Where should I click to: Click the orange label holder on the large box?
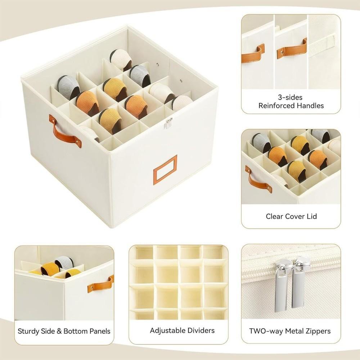tap(165, 170)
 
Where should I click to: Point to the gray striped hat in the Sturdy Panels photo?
tap(64, 262)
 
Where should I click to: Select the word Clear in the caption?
tap(274, 216)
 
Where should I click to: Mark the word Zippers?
tap(318, 331)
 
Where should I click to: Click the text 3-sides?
tap(291, 97)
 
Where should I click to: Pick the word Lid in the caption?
tap(312, 216)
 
